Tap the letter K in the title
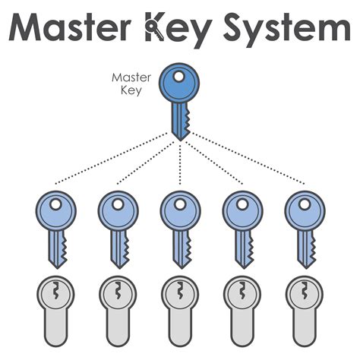(158, 28)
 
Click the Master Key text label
(126, 83)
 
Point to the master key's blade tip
(180, 137)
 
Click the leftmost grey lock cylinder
(55, 308)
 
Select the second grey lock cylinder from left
(118, 308)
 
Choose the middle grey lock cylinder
(180, 308)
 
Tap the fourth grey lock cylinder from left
(242, 308)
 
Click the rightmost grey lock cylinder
(304, 308)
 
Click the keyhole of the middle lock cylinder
(180, 292)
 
